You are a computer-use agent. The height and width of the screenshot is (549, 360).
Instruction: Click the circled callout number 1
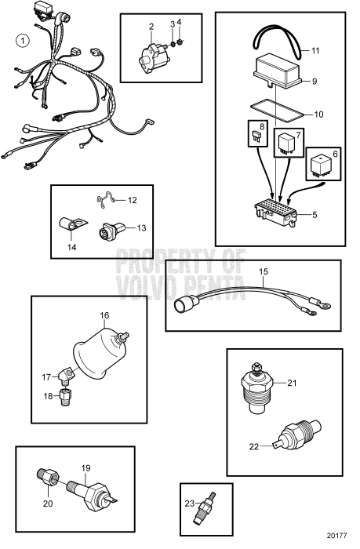tap(23, 41)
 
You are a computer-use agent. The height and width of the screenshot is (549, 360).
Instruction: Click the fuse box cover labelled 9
tap(278, 72)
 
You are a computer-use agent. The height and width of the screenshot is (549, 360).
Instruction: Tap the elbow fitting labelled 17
tap(67, 375)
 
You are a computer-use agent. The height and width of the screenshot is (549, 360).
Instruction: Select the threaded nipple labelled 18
tap(65, 397)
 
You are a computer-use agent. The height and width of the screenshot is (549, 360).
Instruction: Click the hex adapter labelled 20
tap(48, 477)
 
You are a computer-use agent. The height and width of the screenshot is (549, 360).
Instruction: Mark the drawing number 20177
tap(337, 536)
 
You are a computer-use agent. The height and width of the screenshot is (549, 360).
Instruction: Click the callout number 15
tap(264, 271)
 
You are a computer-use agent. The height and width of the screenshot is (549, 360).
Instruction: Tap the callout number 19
tap(85, 468)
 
